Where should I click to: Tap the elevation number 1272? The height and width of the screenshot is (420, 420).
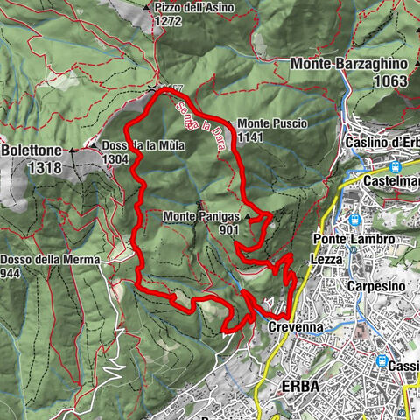[166, 24]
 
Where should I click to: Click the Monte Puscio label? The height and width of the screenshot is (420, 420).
[271, 124]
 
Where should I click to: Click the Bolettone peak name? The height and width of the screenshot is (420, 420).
[29, 150]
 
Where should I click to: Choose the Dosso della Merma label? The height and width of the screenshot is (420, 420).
[50, 260]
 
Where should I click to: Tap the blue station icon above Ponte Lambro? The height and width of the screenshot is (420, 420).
[355, 220]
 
